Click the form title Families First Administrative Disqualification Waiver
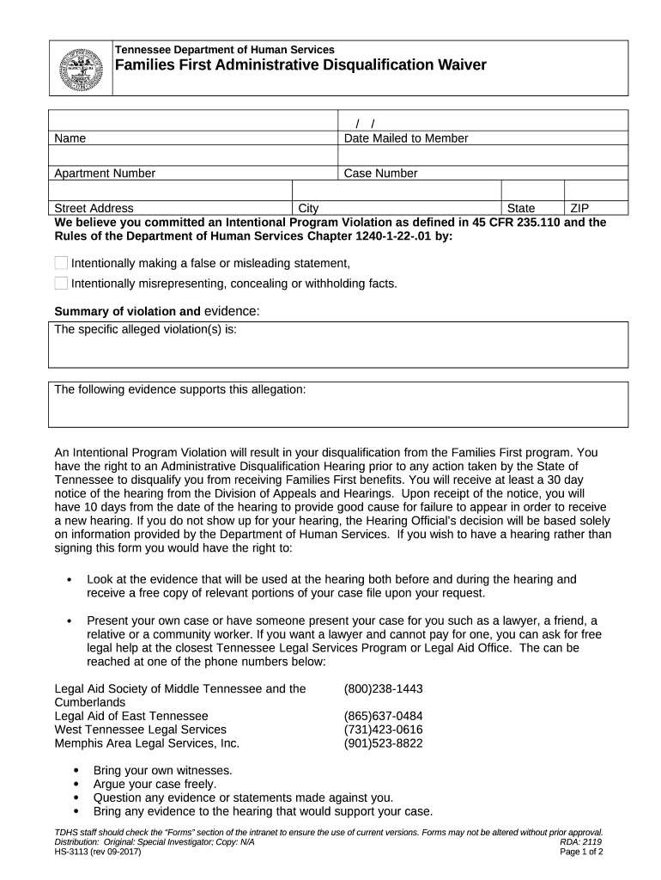point(288,65)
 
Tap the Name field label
point(70,138)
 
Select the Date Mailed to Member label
point(405,138)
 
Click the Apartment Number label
point(105,174)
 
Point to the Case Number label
point(380,174)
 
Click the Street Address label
point(94,208)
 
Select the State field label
point(521,208)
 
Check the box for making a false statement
point(61,263)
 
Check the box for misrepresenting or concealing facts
point(61,284)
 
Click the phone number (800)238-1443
point(383,688)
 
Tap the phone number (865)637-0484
point(383,716)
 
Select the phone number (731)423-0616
point(383,730)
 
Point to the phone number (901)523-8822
point(383,743)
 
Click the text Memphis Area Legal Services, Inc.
point(147,743)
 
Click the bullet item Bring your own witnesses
point(162,771)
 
